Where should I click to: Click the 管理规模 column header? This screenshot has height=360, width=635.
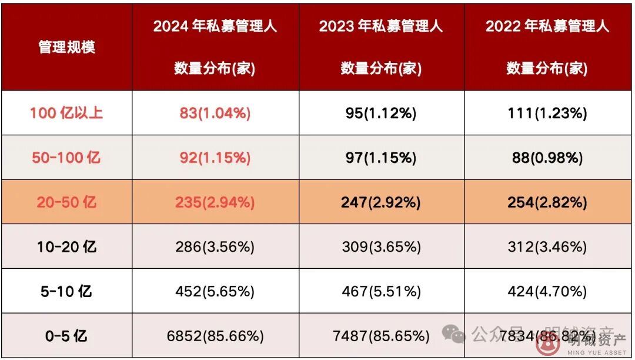(x=66, y=47)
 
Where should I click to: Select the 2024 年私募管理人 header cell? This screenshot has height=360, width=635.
(x=215, y=47)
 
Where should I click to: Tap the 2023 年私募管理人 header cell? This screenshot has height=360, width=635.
(x=381, y=47)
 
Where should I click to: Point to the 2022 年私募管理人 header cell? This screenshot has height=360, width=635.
(x=547, y=47)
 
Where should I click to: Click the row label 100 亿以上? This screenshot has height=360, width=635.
(x=66, y=113)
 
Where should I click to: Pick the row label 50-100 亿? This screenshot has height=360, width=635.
(x=66, y=158)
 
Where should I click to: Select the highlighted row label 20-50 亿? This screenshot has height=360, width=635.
(x=66, y=202)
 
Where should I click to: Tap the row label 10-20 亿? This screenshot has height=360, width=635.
(x=66, y=247)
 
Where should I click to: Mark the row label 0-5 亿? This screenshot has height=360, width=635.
(x=66, y=336)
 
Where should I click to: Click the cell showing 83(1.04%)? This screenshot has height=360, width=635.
(x=215, y=113)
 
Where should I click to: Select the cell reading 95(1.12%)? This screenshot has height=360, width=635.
(x=381, y=113)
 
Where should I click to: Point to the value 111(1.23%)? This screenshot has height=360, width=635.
(x=547, y=113)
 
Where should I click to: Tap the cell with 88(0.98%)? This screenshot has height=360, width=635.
(x=547, y=158)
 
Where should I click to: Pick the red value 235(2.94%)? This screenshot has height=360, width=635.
(x=215, y=202)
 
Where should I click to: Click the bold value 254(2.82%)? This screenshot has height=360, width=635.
(x=547, y=202)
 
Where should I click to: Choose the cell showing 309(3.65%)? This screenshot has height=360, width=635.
(x=381, y=247)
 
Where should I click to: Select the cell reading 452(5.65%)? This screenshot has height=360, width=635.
(x=215, y=291)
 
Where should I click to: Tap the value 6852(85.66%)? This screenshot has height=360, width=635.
(x=215, y=336)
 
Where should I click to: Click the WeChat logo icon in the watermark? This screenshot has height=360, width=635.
(x=454, y=334)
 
